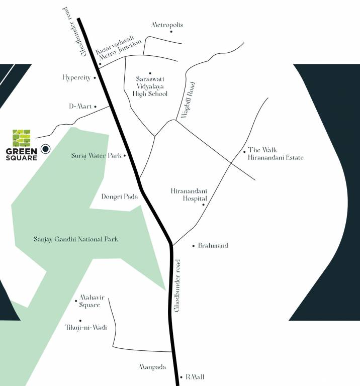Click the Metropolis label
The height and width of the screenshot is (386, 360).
167,25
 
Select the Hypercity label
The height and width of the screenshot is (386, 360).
76,77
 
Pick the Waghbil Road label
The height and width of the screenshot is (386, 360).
187,100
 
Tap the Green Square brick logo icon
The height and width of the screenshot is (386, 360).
22,138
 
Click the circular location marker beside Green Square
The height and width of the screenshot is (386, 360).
46,148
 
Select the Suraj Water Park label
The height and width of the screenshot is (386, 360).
96,156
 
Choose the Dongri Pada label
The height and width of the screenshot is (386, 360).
120,197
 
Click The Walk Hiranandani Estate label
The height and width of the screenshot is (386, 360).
276,154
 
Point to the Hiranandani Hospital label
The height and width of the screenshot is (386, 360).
189,195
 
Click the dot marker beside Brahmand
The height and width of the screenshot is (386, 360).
194,246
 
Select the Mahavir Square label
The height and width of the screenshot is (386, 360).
88,301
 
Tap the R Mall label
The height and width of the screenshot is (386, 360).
195,376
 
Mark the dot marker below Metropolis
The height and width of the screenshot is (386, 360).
171,32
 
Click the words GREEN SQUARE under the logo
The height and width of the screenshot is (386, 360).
22,154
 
